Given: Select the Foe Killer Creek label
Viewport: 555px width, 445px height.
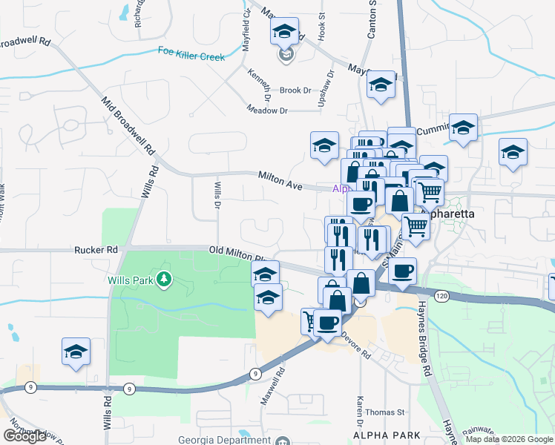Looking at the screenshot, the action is [191, 51].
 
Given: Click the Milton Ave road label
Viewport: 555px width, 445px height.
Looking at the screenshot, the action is [280, 180].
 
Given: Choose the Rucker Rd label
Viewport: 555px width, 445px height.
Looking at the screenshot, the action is [96, 250].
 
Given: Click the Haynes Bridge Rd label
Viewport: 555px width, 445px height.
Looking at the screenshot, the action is [423, 334].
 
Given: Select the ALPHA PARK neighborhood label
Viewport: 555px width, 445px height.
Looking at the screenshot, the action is [387, 435].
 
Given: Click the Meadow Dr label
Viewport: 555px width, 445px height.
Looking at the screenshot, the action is [266, 110].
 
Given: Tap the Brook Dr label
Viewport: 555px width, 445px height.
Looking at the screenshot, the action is [295, 90].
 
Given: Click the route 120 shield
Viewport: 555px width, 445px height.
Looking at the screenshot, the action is [442, 296].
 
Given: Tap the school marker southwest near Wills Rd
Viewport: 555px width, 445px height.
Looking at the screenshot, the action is [76, 352].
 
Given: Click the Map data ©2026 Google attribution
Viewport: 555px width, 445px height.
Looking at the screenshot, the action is [509, 439].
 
